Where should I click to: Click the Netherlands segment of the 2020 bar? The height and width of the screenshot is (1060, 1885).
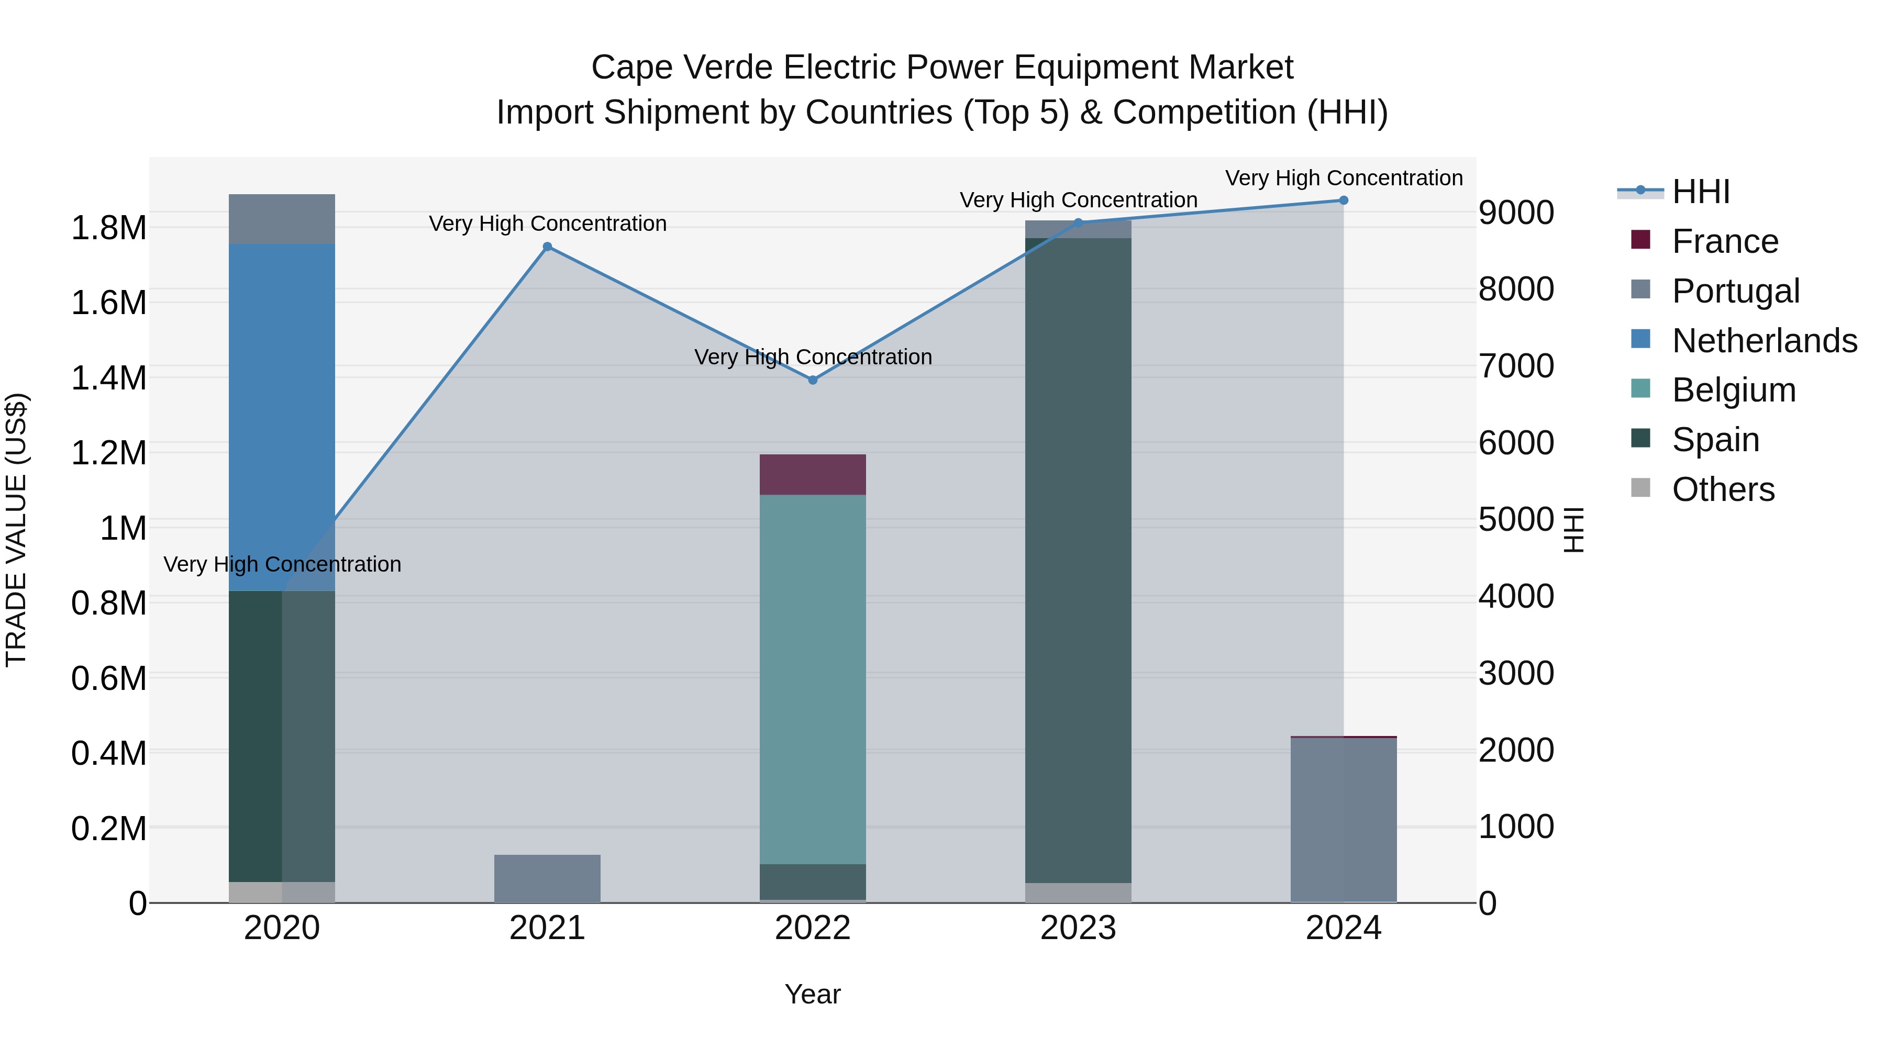pos(282,417)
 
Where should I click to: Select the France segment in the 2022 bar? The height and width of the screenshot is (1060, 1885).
pos(812,475)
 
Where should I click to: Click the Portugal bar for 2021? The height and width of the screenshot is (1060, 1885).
pos(547,878)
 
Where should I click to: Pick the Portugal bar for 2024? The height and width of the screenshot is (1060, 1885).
pos(1344,819)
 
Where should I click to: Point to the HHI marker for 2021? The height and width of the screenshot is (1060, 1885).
pos(547,247)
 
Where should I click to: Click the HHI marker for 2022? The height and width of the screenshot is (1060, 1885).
pos(812,380)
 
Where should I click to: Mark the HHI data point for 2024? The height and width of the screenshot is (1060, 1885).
pos(1344,200)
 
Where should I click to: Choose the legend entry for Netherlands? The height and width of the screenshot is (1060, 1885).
pos(1764,341)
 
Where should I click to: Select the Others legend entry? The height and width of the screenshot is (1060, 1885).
pos(1723,489)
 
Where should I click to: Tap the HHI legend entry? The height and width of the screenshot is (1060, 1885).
pos(1701,192)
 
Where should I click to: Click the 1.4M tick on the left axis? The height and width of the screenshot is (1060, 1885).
pos(108,378)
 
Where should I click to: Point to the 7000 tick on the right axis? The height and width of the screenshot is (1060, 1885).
pos(1516,366)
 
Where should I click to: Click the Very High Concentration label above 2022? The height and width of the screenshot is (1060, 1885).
pos(812,357)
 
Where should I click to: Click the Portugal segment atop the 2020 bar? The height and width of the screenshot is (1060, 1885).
pos(282,219)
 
